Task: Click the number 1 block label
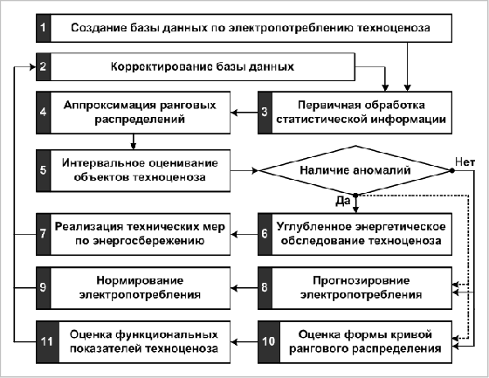pyautogui.click(x=43, y=28)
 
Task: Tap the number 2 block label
pyautogui.click(x=43, y=66)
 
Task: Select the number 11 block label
pyautogui.click(x=47, y=342)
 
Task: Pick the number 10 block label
pyautogui.click(x=269, y=342)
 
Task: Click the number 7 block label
pyautogui.click(x=43, y=234)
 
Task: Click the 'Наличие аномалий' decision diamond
pyautogui.click(x=355, y=170)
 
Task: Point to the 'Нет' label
pyautogui.click(x=465, y=162)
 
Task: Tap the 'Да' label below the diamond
pyautogui.click(x=343, y=201)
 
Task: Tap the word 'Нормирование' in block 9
pyautogui.click(x=140, y=280)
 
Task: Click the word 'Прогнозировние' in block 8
pyautogui.click(x=362, y=280)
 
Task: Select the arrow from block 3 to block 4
pyautogui.click(x=244, y=113)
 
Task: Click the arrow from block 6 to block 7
pyautogui.click(x=244, y=234)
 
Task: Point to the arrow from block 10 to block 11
pyautogui.click(x=244, y=342)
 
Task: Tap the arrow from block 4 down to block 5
pyautogui.click(x=134, y=142)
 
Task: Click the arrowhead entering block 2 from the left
pyautogui.click(x=33, y=66)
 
